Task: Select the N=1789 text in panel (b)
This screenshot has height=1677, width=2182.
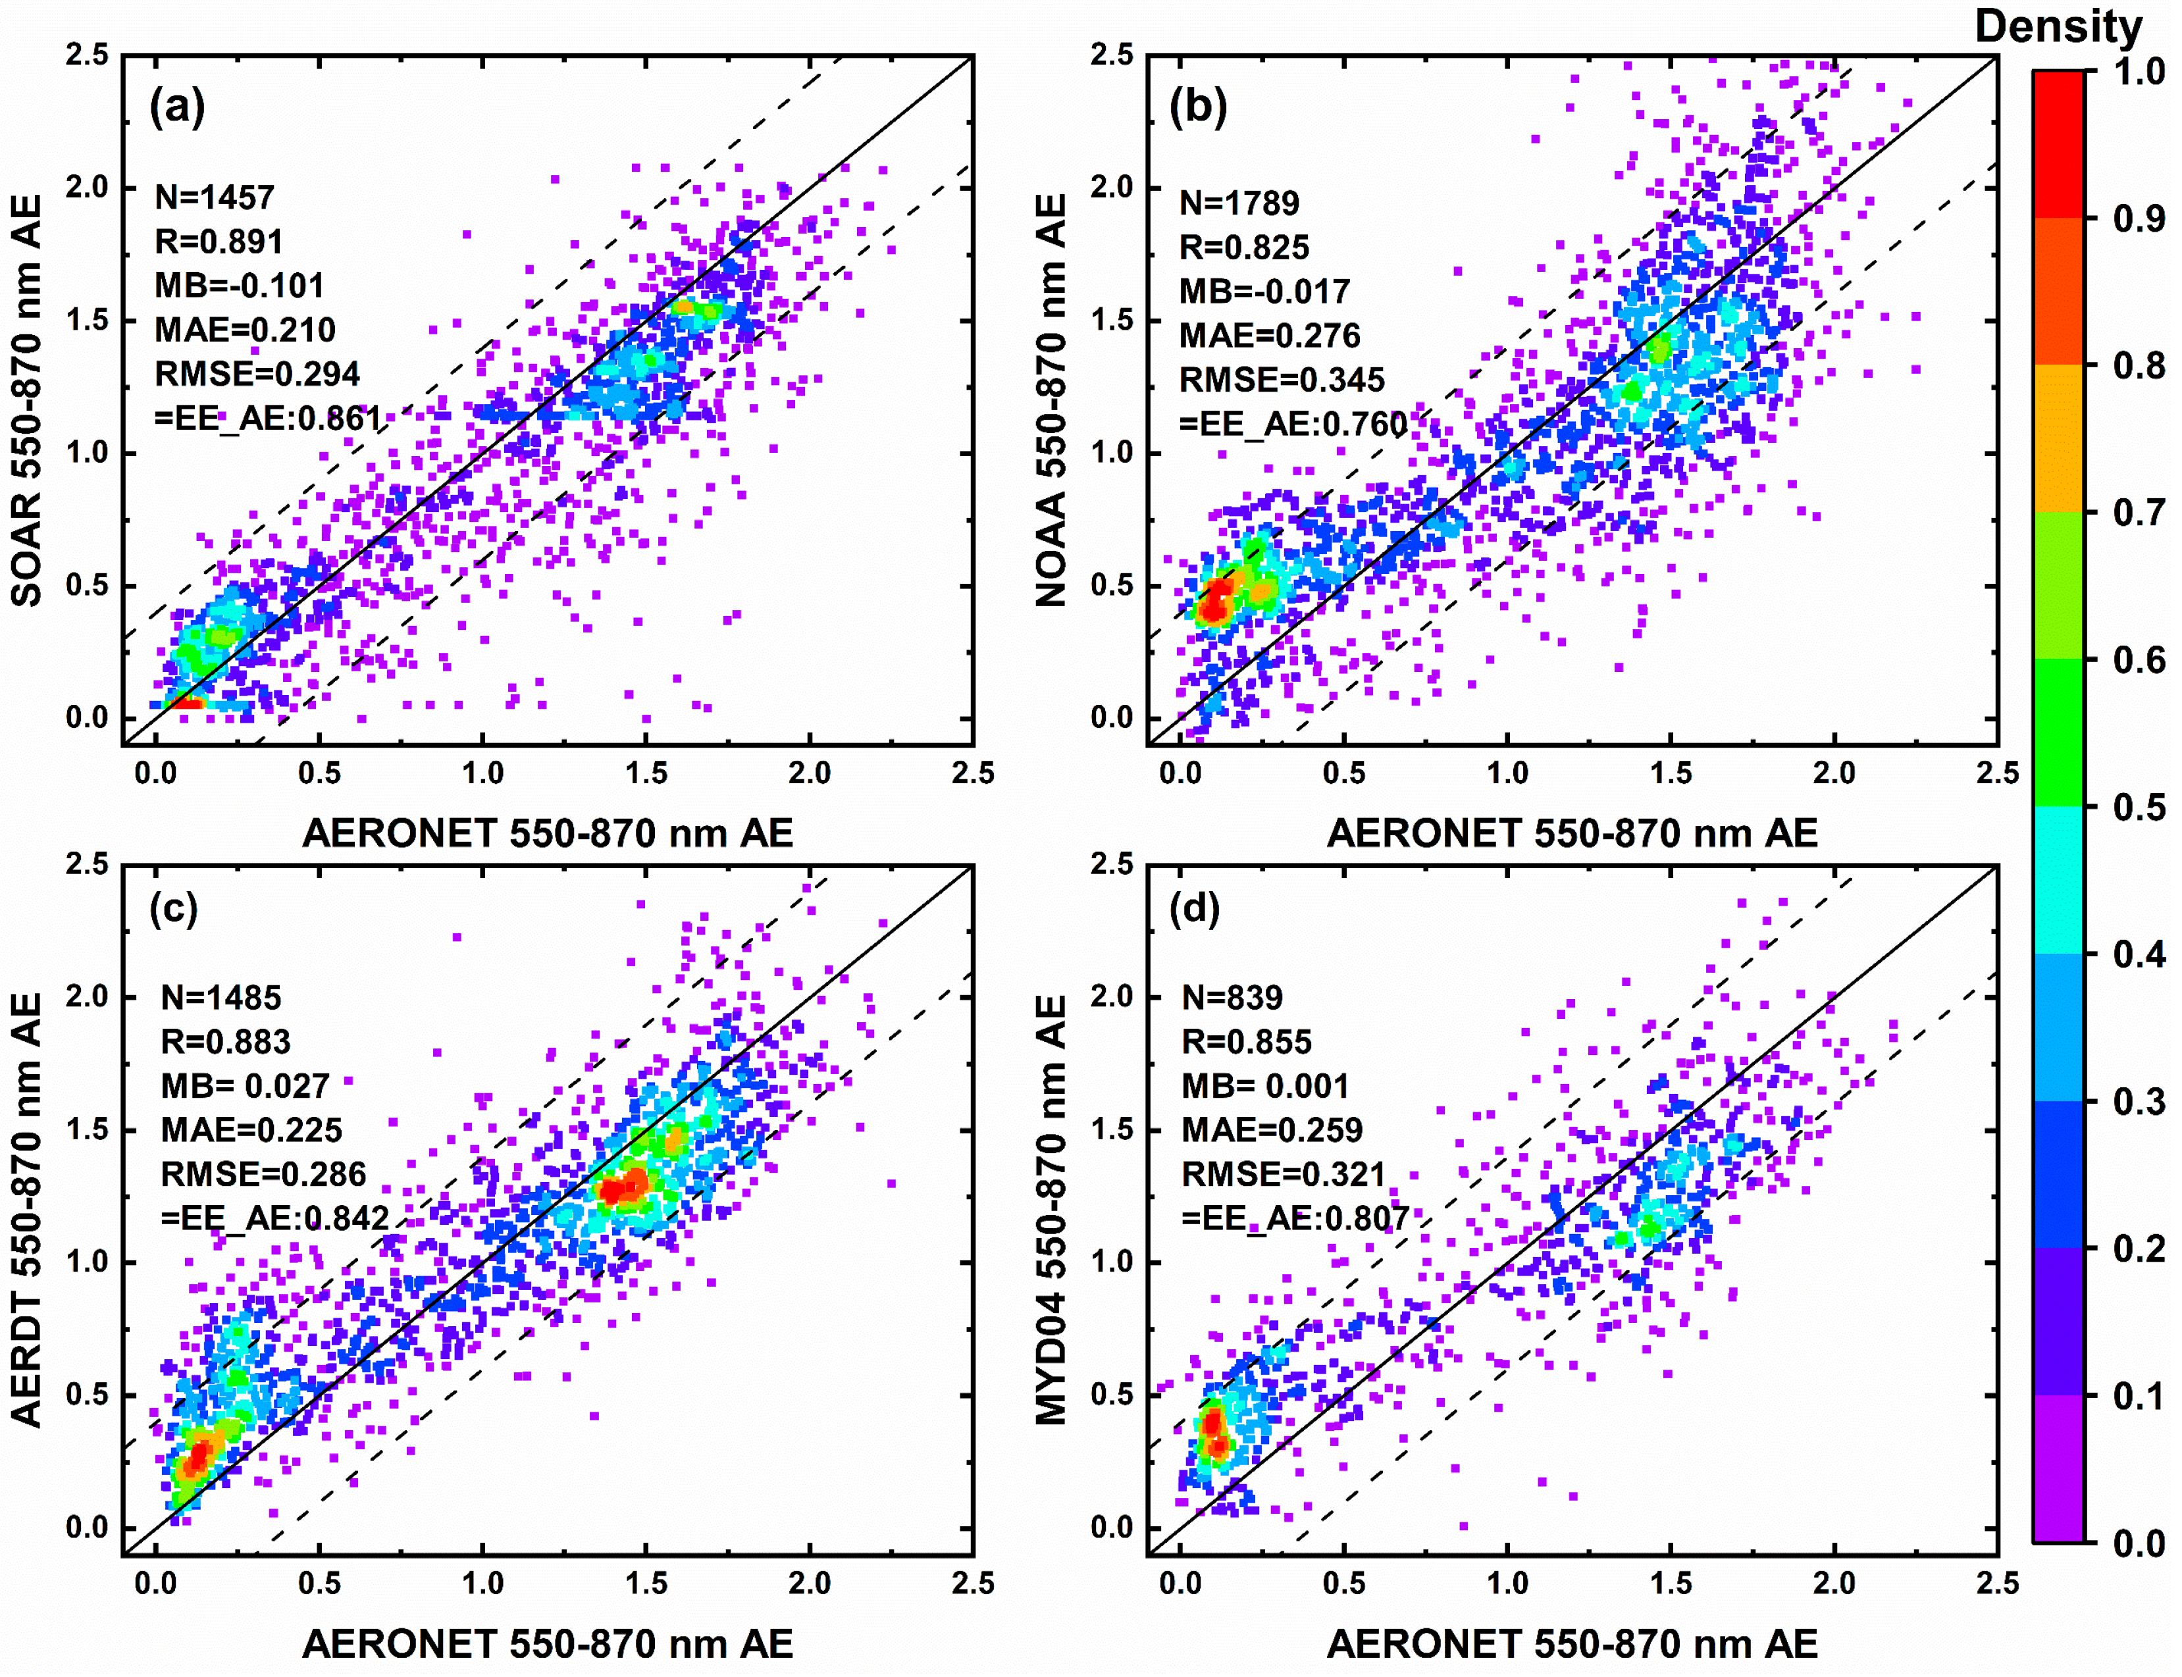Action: point(1239,203)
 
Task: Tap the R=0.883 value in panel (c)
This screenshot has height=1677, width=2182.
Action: point(226,1041)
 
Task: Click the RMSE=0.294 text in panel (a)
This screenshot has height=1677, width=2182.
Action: point(257,373)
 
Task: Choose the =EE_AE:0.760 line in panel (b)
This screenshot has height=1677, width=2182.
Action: point(1293,423)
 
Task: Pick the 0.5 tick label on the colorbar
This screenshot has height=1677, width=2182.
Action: point(2138,806)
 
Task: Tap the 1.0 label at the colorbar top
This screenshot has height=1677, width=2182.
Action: point(2138,72)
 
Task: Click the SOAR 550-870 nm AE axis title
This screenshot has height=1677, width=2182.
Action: point(28,400)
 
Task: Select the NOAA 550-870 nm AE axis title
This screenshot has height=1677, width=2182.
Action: point(1052,400)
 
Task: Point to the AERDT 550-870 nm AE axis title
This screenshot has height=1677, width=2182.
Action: point(28,1209)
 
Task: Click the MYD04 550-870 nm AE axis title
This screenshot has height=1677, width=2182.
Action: point(1052,1209)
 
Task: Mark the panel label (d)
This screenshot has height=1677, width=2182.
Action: point(1195,908)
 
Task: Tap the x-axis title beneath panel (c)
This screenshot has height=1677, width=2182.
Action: point(547,1643)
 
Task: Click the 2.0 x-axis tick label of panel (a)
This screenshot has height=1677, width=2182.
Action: point(808,773)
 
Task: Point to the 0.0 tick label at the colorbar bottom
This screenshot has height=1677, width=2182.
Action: point(2138,1543)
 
